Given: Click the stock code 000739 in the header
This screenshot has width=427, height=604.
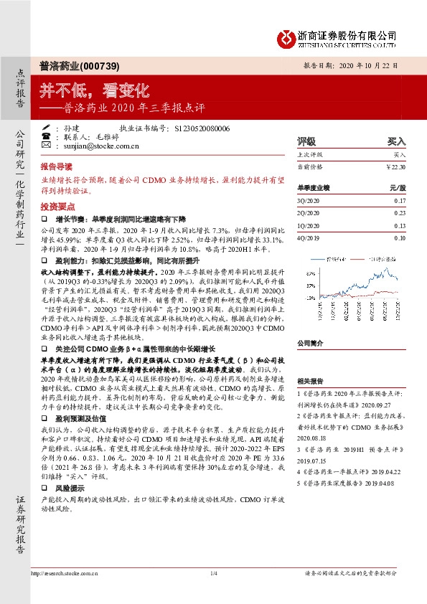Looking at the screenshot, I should (96, 64).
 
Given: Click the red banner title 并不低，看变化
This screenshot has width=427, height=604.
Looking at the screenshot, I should (94, 90).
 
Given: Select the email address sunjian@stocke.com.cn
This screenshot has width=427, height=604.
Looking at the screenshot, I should (93, 144).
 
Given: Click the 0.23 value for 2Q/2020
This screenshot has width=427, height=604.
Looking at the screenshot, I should (400, 212).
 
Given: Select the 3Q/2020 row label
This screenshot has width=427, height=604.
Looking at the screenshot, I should (308, 201).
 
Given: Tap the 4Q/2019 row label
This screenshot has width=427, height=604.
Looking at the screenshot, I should (308, 237).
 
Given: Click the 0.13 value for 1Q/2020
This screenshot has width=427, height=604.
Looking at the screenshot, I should (400, 225).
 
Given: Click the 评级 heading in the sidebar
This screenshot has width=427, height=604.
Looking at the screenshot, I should (306, 142).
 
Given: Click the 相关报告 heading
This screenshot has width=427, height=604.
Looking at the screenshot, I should (311, 382).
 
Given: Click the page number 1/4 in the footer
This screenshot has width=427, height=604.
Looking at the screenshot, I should (213, 593).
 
